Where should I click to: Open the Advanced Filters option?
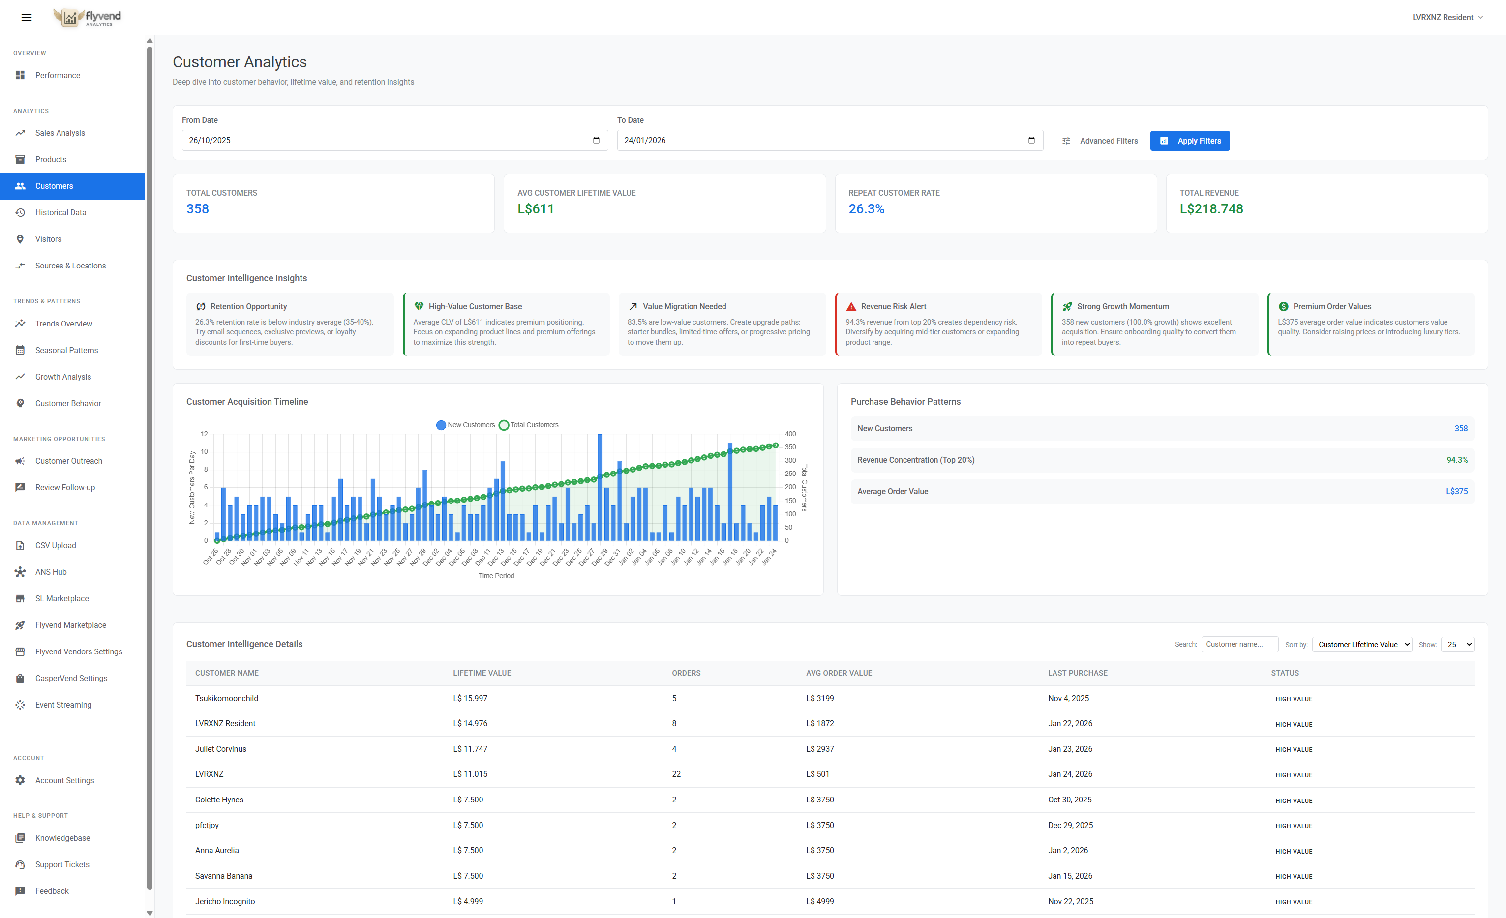(x=1100, y=141)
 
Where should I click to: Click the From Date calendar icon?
(x=596, y=141)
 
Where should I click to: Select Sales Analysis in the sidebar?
(x=60, y=133)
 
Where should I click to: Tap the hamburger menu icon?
(x=26, y=17)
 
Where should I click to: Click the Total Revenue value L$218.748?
(x=1211, y=209)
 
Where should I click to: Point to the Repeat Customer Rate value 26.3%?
(x=866, y=209)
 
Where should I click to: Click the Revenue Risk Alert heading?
(x=893, y=306)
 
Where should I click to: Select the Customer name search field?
(x=1239, y=644)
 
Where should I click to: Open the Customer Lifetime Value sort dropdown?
(x=1362, y=644)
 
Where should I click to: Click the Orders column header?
(x=686, y=673)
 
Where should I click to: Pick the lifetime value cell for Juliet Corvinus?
(x=470, y=749)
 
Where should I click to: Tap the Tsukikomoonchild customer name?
(x=227, y=698)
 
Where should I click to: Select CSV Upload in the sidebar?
(x=56, y=545)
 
